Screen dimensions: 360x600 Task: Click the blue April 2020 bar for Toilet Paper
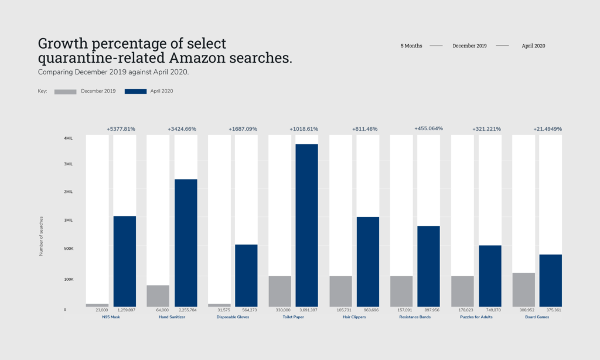tap(306, 225)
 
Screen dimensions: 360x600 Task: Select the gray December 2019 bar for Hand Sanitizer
tap(158, 296)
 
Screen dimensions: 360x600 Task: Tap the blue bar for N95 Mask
tap(124, 261)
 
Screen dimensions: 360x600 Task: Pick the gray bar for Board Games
tap(523, 290)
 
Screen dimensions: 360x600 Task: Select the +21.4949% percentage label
tap(547, 129)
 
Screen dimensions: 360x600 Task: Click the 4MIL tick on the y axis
tap(68, 138)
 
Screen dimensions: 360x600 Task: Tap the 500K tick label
tap(68, 249)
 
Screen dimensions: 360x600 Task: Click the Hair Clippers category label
tap(354, 317)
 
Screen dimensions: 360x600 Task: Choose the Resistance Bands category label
tap(415, 317)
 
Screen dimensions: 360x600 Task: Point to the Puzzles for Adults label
tap(476, 317)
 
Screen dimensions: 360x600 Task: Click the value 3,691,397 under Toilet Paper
tap(307, 310)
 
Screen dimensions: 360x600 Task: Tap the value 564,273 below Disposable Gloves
tap(246, 310)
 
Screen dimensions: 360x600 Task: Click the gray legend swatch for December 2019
tap(65, 91)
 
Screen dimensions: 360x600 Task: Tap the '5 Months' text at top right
tap(411, 46)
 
